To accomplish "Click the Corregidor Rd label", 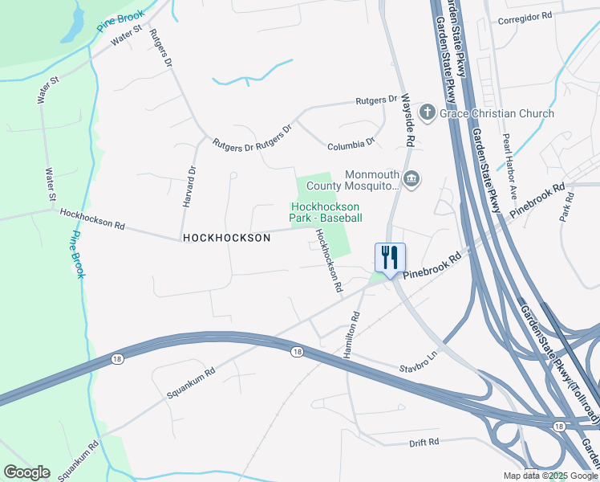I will [x=525, y=16].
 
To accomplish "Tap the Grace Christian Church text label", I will [x=497, y=113].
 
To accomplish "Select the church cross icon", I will [x=428, y=113].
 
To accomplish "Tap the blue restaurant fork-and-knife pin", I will [x=390, y=258].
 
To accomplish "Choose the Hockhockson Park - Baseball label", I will [x=326, y=212].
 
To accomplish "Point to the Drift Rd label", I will [x=424, y=443].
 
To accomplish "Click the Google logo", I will [x=26, y=472].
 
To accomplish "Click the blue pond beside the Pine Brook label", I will [x=71, y=25].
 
